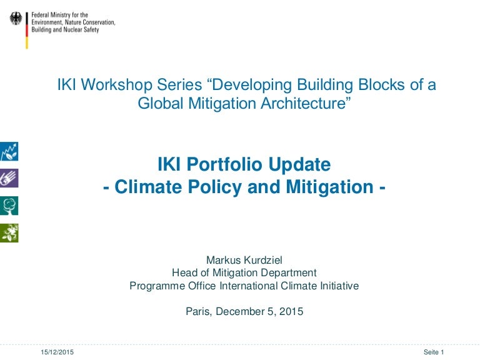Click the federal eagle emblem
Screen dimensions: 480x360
tap(16, 18)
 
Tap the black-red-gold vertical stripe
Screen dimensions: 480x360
tap(27, 30)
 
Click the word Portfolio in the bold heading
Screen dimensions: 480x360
tap(224, 164)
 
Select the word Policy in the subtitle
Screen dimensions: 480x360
tap(214, 187)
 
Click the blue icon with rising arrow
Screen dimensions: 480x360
tap(9, 151)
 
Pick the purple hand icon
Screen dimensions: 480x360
tap(9, 178)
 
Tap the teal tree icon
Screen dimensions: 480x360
tap(9, 206)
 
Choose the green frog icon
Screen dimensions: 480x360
tap(9, 232)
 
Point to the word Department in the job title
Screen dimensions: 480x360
tap(289, 272)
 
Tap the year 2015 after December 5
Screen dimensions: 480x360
tap(291, 311)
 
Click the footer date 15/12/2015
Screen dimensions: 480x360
tap(57, 352)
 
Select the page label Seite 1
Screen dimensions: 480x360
tap(434, 352)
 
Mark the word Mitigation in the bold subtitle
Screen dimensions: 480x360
tap(330, 187)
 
